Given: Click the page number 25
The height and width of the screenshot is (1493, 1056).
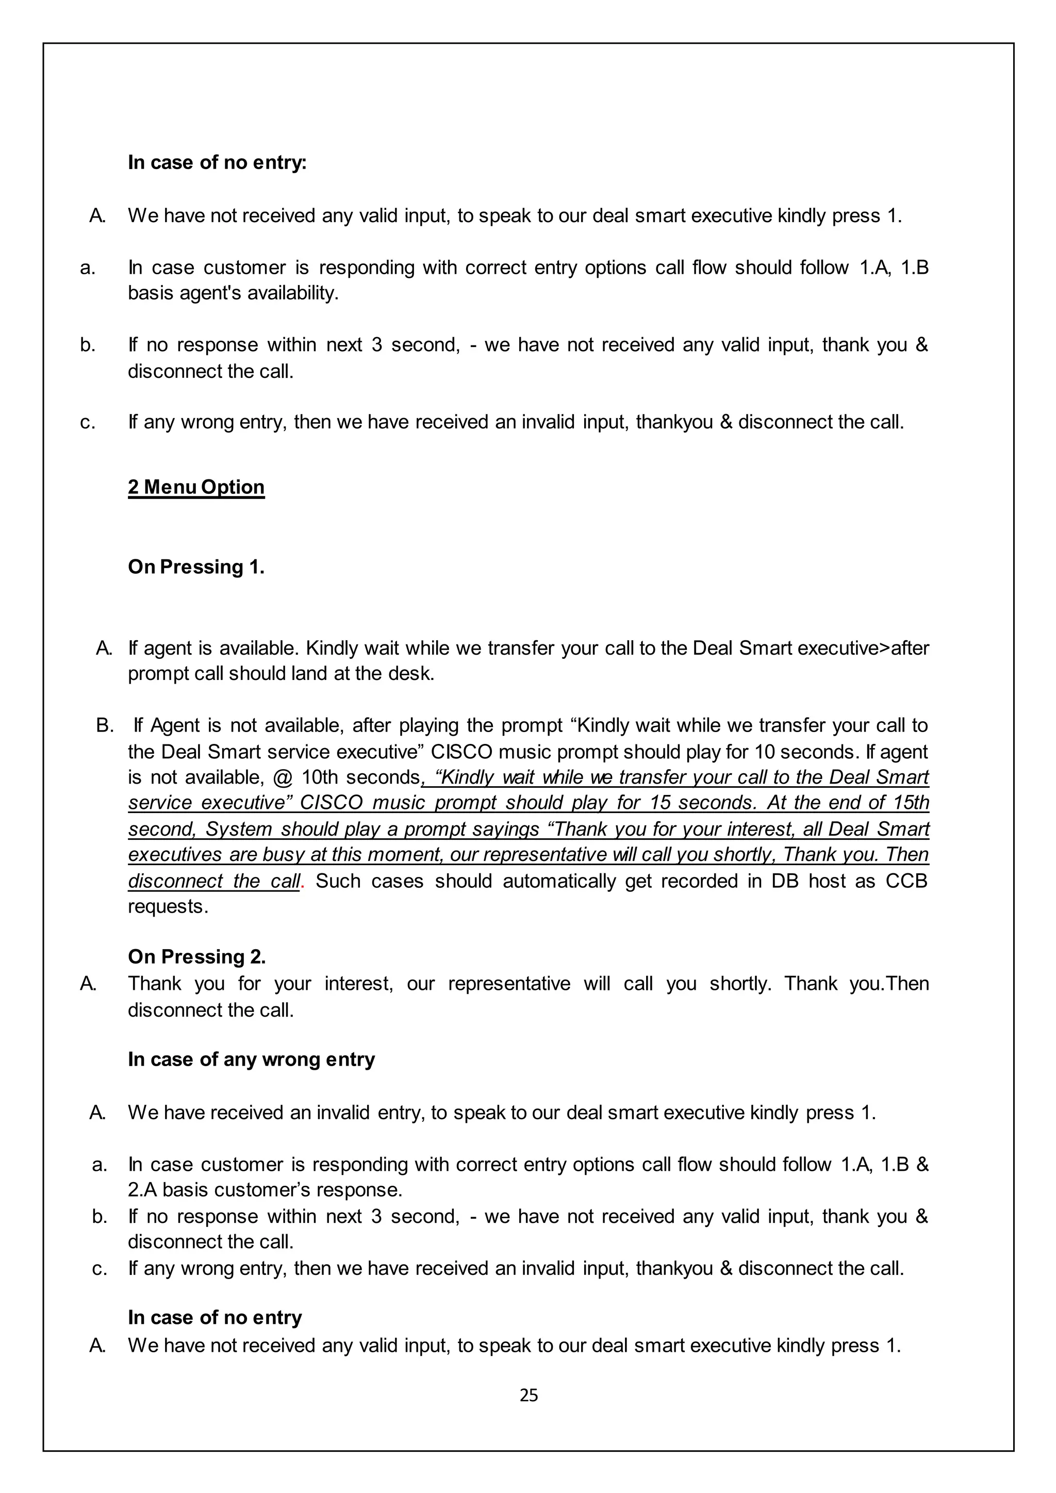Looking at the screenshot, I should pyautogui.click(x=529, y=1395).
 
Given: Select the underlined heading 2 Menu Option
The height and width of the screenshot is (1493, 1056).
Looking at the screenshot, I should pyautogui.click(x=196, y=487).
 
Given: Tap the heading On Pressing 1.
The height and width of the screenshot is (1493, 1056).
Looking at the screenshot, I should pyautogui.click(x=196, y=567).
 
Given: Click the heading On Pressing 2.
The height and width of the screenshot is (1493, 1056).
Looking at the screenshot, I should pyautogui.click(x=196, y=956).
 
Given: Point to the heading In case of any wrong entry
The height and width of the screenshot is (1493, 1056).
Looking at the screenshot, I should pyautogui.click(x=251, y=1059).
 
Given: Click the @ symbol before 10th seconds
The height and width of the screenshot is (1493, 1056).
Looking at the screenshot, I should pyautogui.click(x=283, y=778).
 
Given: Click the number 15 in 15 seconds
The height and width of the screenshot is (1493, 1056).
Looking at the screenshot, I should pyautogui.click(x=660, y=803).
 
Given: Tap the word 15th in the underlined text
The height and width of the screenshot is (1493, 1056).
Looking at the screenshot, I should pyautogui.click(x=911, y=803).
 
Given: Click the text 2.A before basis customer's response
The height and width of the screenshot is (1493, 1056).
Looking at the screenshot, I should pyautogui.click(x=142, y=1190).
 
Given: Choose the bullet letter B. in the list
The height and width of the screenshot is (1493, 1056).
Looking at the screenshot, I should pyautogui.click(x=105, y=726).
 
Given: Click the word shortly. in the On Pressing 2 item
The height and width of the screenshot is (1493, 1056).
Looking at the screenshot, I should pyautogui.click(x=740, y=983).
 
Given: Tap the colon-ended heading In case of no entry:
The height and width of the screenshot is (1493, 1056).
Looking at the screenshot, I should pyautogui.click(x=217, y=162).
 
